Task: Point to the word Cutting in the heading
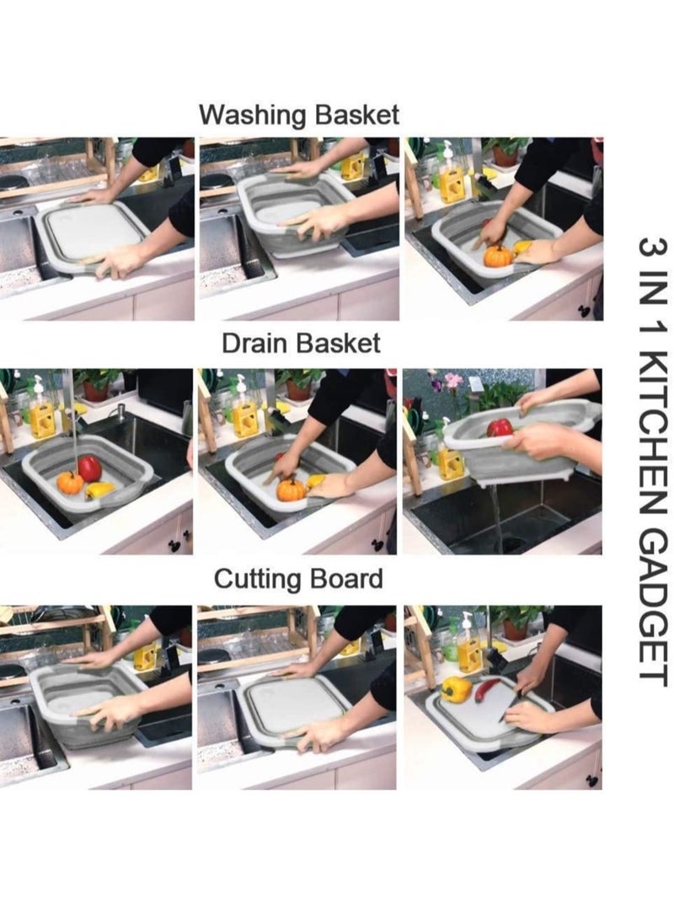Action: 257,580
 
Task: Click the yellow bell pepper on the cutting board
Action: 457,689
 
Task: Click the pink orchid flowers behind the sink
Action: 452,383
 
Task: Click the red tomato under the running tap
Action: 89,468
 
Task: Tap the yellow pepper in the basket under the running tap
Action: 99,490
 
